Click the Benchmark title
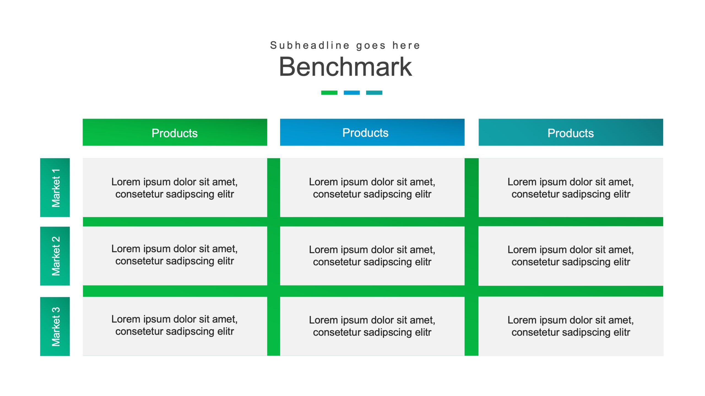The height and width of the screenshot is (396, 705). (345, 67)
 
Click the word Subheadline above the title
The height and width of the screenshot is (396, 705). (310, 45)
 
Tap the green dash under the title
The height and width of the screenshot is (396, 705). (329, 93)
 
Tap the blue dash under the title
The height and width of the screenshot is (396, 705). (352, 93)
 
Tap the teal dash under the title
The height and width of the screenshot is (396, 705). (374, 93)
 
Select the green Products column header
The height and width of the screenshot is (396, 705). (175, 132)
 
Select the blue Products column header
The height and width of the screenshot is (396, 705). (372, 132)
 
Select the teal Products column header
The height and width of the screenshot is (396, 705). (571, 132)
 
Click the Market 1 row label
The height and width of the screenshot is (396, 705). (55, 188)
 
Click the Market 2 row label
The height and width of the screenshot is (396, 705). (55, 256)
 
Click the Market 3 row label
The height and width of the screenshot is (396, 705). (55, 326)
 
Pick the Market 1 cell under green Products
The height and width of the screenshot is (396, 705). (175, 188)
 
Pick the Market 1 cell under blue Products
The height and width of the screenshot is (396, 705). (372, 188)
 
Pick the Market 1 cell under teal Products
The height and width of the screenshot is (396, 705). (571, 188)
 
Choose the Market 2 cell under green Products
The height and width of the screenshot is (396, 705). (175, 256)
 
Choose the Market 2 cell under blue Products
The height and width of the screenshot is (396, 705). (372, 256)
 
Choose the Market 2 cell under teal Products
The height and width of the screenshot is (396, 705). (571, 256)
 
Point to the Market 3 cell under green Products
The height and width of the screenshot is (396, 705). (175, 326)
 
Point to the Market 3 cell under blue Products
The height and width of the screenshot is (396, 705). (372, 326)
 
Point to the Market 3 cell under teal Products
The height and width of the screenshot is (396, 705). (571, 326)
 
